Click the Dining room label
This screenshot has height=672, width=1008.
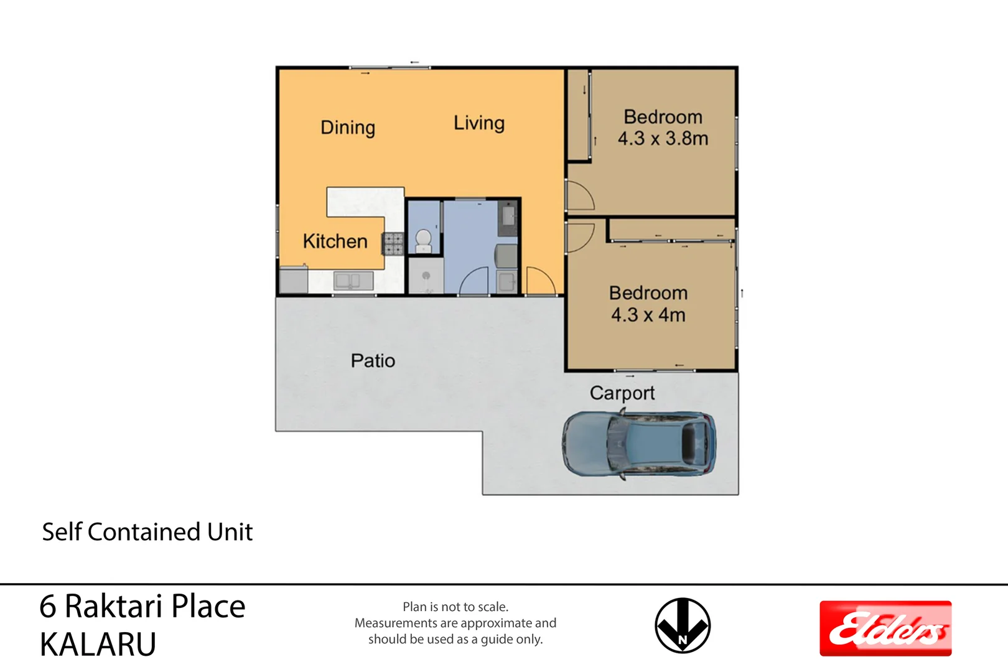pos(348,128)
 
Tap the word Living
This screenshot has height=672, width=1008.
pos(478,123)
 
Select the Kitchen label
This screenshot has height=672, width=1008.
pos(335,241)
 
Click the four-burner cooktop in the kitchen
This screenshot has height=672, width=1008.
pos(393,244)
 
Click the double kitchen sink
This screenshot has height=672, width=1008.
pos(353,281)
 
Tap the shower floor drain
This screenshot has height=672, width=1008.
pos(426,276)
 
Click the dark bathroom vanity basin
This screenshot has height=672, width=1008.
pos(508,217)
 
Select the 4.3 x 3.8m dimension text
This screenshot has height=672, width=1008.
pos(663,139)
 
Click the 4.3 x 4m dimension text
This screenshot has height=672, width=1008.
pos(648,315)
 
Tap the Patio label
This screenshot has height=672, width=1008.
pos(373,361)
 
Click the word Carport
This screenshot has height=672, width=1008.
pos(622,393)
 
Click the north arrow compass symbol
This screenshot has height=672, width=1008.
pos(683,625)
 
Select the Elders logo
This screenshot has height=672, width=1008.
pos(885,628)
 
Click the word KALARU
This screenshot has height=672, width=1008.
pos(98,645)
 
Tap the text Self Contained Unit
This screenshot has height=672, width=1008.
pos(147,532)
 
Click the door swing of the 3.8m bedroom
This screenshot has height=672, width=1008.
pos(579,195)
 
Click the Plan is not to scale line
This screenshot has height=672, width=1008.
pos(455,607)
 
